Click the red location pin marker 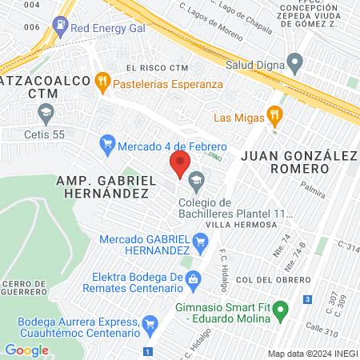pyautogui.click(x=179, y=166)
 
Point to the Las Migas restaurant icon pyautogui.click(x=274, y=115)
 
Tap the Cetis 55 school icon pyautogui.click(x=46, y=112)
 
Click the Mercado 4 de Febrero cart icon pyautogui.click(x=106, y=146)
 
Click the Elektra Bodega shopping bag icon pyautogui.click(x=193, y=278)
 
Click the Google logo pyautogui.click(x=26, y=350)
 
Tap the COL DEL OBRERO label pyautogui.click(x=274, y=278)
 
